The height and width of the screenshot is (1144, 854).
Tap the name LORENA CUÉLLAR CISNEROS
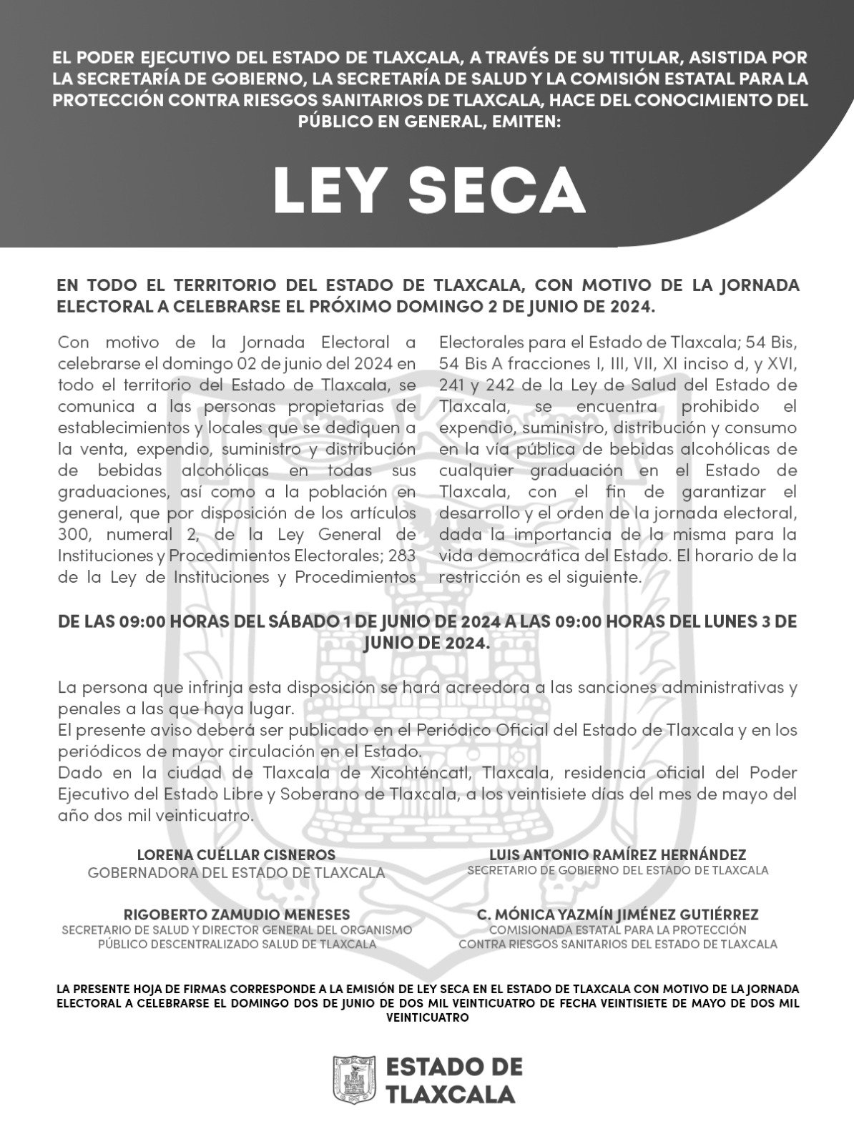point(236,855)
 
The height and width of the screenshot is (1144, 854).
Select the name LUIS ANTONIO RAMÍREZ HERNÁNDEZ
point(617,855)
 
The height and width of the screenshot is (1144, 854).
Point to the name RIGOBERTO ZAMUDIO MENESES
point(237,914)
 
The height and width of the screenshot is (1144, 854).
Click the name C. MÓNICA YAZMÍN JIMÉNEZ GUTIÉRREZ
point(617,914)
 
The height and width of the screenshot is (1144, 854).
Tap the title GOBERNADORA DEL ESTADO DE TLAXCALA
point(236,872)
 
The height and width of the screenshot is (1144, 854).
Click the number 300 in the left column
point(72,534)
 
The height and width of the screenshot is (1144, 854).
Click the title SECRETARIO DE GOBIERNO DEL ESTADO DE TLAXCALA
point(617,871)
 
